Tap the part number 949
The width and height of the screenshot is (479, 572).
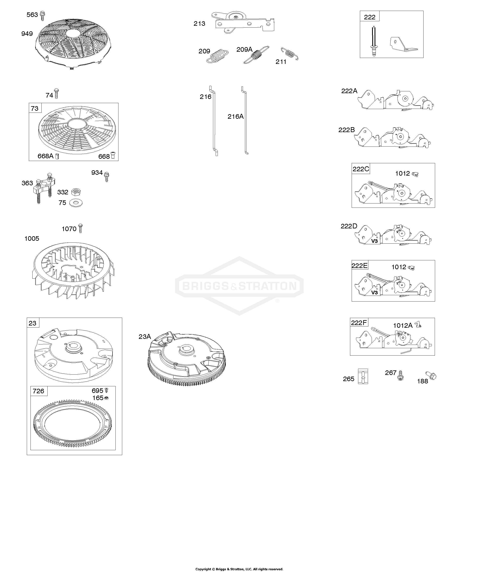(x=27, y=34)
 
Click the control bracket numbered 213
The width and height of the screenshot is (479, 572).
(x=245, y=22)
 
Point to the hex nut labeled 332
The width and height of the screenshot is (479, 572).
(x=76, y=192)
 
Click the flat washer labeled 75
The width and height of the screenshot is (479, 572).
(x=76, y=203)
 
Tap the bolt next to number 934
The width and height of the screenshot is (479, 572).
(x=107, y=177)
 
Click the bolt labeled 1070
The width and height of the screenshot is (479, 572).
(x=80, y=228)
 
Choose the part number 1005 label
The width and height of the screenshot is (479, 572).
(x=32, y=239)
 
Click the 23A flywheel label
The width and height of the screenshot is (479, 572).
(x=145, y=337)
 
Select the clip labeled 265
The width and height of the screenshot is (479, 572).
(x=363, y=376)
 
